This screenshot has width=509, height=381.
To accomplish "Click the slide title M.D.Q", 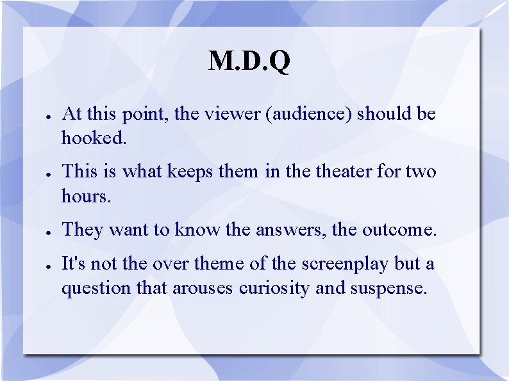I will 249,61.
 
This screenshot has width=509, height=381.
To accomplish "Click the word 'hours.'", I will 87,196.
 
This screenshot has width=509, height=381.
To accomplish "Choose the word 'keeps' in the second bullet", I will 191,172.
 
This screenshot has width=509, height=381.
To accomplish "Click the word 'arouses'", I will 204,288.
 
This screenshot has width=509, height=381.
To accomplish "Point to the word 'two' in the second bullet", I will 421,172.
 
